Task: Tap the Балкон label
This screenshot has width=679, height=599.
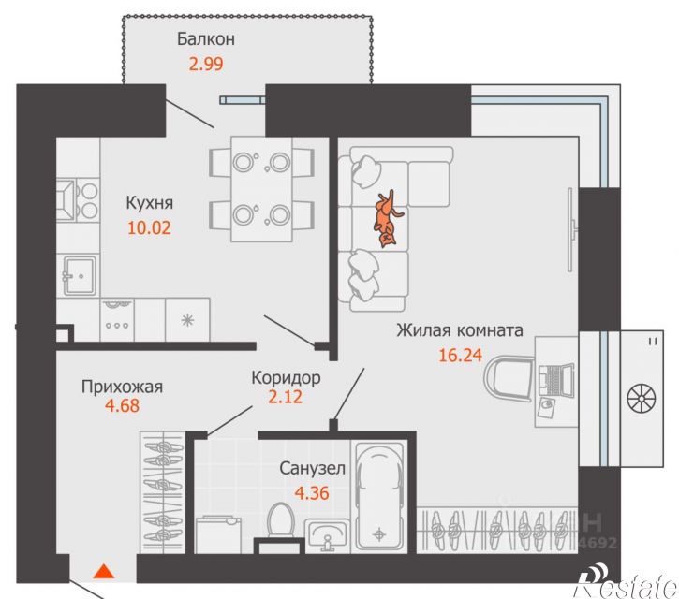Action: tap(206, 39)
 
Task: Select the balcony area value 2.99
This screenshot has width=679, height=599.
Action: tap(206, 64)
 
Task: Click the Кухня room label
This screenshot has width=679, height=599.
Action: tap(150, 202)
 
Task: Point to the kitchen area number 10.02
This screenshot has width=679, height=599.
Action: tap(150, 227)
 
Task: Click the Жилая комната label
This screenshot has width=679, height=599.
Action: tap(460, 330)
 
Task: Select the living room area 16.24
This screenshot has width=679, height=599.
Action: tap(461, 356)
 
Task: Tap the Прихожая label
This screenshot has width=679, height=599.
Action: tap(122, 387)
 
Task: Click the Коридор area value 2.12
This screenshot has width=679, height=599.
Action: tap(285, 397)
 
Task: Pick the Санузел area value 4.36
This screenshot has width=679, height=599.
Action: tap(312, 493)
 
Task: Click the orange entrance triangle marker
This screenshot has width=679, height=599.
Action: tap(104, 571)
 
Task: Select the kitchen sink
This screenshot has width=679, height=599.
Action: tap(80, 275)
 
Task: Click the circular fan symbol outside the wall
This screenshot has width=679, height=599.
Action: tap(642, 398)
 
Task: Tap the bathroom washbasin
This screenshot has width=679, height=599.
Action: tap(328, 535)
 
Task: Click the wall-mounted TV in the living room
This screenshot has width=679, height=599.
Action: tap(572, 230)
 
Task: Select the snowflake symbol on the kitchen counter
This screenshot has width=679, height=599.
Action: tap(187, 321)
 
